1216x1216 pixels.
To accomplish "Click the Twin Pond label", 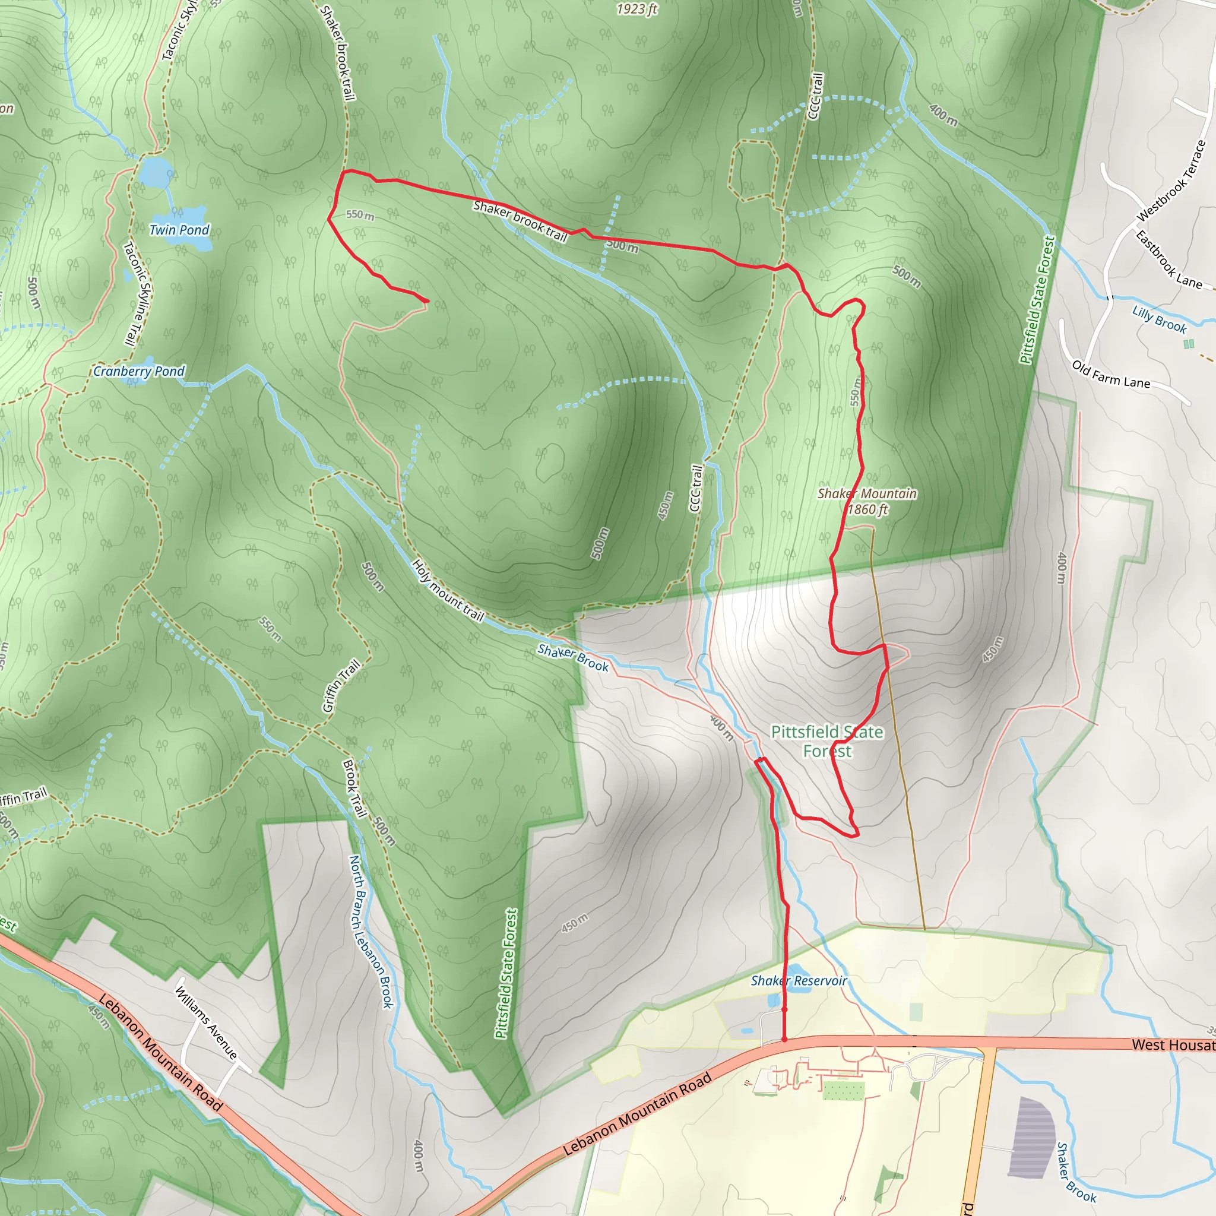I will pos(179,230).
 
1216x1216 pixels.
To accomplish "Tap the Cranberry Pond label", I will pos(138,371).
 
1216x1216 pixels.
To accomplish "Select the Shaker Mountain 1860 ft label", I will pos(867,502).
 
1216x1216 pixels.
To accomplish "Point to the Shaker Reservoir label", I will pos(799,981).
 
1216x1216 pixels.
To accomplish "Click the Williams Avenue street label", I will pos(206,1023).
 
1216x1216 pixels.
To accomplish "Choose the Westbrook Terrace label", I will pos(1171,181).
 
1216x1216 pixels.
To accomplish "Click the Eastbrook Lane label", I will pos(1168,259).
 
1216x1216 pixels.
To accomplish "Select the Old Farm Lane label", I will pos(1111,375).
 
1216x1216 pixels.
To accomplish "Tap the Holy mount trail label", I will pos(448,590).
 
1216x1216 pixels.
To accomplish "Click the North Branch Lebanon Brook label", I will pos(371,932).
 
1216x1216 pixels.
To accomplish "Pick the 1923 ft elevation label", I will pos(637,9).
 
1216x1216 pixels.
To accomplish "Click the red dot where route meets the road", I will pos(784,1039).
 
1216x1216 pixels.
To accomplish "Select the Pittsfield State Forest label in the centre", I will pos(827,742).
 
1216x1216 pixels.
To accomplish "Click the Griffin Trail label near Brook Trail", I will pos(342,685).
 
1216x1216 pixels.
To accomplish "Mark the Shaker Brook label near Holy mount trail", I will pos(573,658).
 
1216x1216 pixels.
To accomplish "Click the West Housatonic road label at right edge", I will pos(1173,1045).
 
